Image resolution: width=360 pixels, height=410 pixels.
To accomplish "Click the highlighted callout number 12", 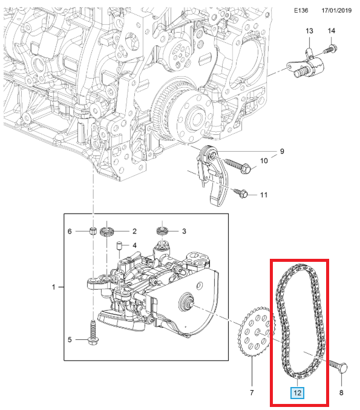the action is point(297,392).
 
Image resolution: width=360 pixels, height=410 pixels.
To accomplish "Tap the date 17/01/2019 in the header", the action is point(336,10).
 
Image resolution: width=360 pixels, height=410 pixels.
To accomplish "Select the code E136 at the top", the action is point(301,10).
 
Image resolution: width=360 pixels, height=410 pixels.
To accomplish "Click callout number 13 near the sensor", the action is point(309,31).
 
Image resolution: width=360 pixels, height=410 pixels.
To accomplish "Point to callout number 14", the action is point(331,31).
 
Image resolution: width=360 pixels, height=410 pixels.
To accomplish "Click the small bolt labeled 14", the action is point(330,49).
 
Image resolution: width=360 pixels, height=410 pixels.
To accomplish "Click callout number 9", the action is point(282,151).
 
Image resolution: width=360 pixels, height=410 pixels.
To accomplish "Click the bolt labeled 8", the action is point(338,365).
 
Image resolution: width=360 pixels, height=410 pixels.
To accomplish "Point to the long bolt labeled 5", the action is point(93,333).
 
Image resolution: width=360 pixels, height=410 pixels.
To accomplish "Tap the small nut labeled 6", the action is point(93,231).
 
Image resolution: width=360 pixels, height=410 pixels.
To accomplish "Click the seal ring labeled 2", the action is point(107,232).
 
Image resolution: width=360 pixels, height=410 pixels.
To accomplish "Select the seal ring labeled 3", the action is point(162,230).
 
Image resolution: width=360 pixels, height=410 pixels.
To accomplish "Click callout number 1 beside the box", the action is point(54,287).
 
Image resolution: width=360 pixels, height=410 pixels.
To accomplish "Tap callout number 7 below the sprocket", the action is point(252,392).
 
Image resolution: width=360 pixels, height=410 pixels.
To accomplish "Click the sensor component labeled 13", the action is point(306,66).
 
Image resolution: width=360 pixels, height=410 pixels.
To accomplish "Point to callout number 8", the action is point(341,392).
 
